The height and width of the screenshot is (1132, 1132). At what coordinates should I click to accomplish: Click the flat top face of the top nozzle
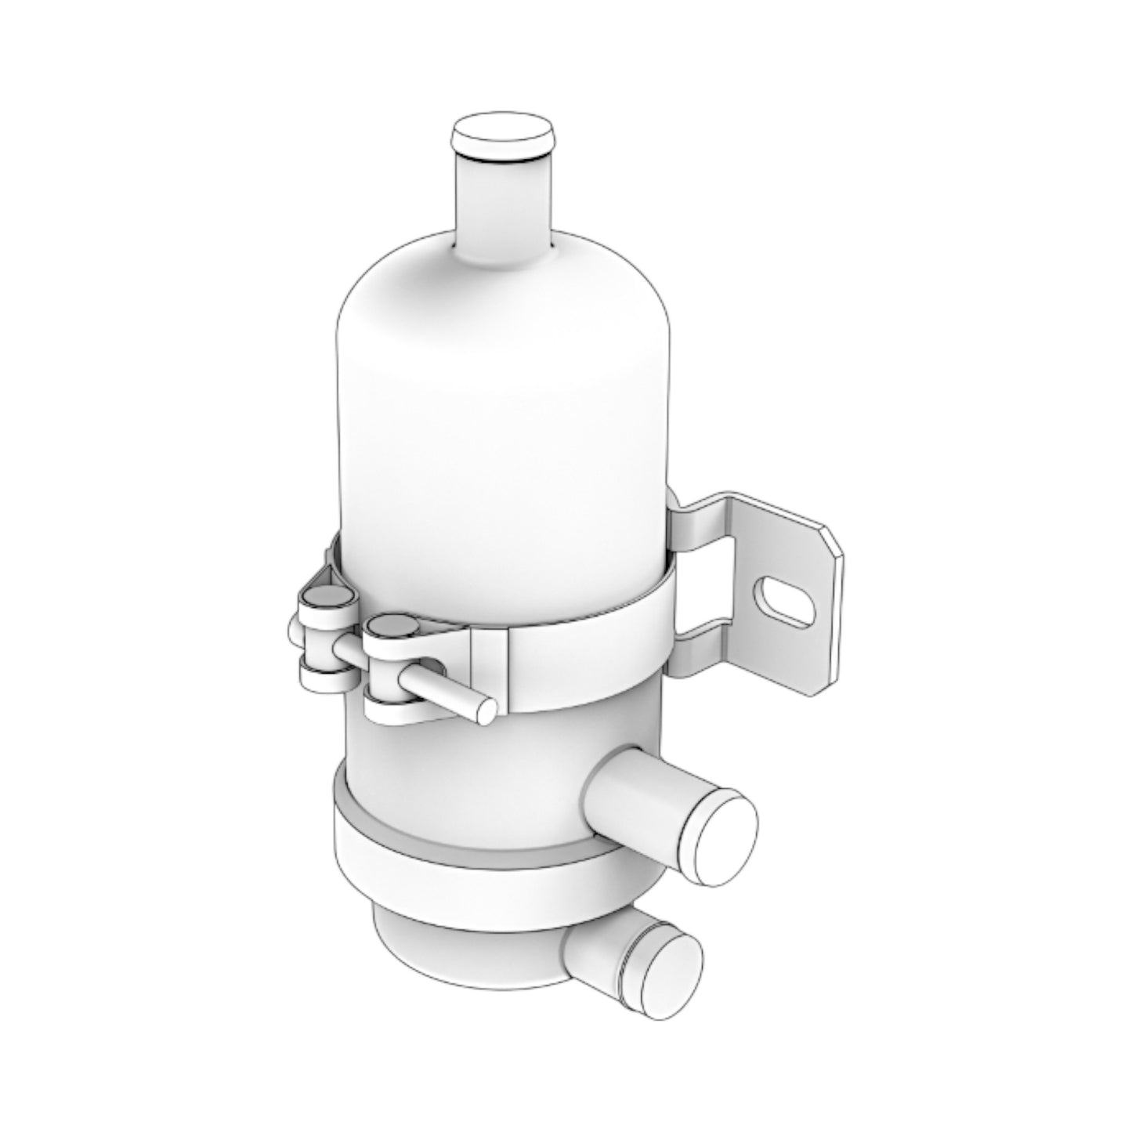tap(502, 131)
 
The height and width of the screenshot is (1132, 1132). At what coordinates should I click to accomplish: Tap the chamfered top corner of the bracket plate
tap(830, 539)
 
